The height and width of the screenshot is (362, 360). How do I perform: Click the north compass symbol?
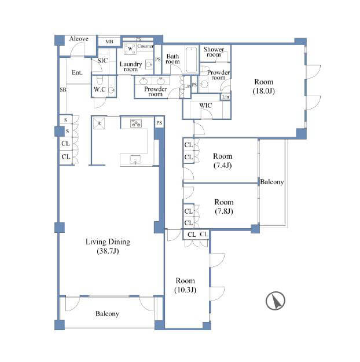coord(275,301)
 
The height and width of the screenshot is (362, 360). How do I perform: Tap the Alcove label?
coord(79,39)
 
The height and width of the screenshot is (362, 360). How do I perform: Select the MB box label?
coord(109,42)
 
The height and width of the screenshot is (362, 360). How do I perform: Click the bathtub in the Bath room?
coord(192,60)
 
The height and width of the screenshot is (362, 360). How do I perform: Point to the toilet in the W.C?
coord(100,80)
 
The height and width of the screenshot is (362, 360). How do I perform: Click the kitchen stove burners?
coord(136,123)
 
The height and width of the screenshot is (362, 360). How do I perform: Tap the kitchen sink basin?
coord(135,159)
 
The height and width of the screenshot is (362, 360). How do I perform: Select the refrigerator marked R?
coord(99,123)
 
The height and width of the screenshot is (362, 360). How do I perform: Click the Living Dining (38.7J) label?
coord(108,246)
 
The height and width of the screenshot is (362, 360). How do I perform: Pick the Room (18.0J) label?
coord(264,86)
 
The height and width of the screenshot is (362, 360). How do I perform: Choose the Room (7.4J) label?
coord(222,160)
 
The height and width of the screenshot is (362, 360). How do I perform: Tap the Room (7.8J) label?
coord(224,207)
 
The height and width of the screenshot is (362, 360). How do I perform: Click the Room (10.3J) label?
coord(185,285)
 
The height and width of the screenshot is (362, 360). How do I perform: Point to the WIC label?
coord(205,105)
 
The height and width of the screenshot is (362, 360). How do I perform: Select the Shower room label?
coord(214,52)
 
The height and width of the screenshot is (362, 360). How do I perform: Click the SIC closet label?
coord(102,60)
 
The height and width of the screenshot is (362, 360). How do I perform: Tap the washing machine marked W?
coord(130,49)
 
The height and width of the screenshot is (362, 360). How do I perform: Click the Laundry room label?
coord(131,67)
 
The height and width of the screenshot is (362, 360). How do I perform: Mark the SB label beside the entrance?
coord(63,90)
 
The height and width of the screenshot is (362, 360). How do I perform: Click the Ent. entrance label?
coord(77,72)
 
